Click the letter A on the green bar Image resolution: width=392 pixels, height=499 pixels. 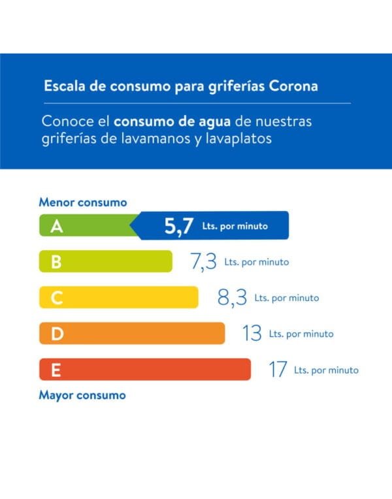pyautogui.click(x=57, y=226)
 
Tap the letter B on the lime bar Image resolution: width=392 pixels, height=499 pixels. pyautogui.click(x=56, y=262)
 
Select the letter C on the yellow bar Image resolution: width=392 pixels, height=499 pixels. pyautogui.click(x=57, y=298)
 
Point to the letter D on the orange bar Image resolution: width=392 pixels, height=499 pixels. pyautogui.click(x=57, y=334)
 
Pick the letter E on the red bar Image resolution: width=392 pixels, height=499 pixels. pyautogui.click(x=56, y=370)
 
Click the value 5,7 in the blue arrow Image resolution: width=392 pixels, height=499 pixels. pyautogui.click(x=179, y=226)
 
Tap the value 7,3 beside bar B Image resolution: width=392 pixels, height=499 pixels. pyautogui.click(x=203, y=262)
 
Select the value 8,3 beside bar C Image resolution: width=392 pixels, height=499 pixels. pyautogui.click(x=233, y=298)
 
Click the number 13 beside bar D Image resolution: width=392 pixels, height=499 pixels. pyautogui.click(x=252, y=334)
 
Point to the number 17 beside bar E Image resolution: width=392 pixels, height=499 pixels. pyautogui.click(x=278, y=370)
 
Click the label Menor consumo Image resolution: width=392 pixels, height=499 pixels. pyautogui.click(x=83, y=202)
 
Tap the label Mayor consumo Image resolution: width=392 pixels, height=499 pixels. pyautogui.click(x=82, y=395)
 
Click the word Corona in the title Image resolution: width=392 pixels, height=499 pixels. pyautogui.click(x=293, y=86)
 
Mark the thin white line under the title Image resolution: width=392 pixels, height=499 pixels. pyautogui.click(x=196, y=103)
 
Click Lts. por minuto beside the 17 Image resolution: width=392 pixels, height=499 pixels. pyautogui.click(x=326, y=370)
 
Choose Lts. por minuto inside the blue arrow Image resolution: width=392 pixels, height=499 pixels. pyautogui.click(x=235, y=227)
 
